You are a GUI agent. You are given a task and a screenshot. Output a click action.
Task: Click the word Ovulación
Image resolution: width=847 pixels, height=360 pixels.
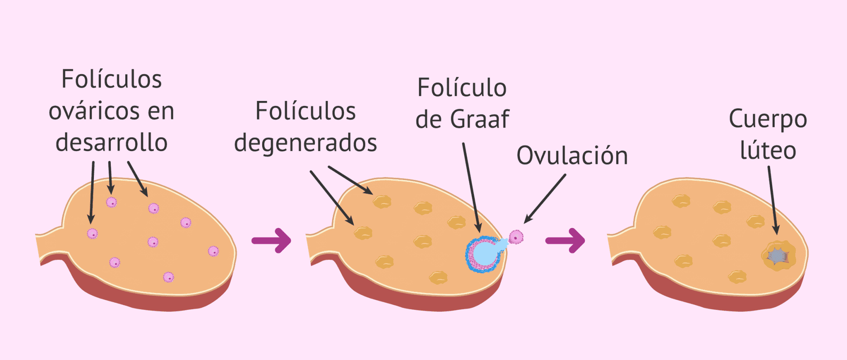(572, 156)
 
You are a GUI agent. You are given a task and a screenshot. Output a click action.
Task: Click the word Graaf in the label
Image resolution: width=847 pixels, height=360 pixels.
(479, 119)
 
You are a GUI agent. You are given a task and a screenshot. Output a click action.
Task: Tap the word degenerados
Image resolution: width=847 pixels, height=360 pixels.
(306, 143)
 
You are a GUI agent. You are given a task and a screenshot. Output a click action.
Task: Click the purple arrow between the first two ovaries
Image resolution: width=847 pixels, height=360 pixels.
(272, 240)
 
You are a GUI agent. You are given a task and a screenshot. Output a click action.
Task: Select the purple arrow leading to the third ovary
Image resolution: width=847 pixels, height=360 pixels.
(565, 240)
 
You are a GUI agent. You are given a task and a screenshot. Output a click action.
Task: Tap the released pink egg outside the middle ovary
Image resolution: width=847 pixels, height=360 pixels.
(516, 237)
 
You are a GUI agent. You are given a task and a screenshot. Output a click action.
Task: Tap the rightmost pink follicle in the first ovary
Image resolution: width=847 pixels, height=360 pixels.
(213, 251)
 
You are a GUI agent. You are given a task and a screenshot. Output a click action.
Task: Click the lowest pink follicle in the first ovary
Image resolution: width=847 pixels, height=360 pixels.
(168, 277)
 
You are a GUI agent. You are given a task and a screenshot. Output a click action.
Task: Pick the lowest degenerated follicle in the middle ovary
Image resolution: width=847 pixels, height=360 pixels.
(438, 277)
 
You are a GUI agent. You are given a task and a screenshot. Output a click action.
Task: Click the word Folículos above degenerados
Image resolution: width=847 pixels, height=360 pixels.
(306, 111)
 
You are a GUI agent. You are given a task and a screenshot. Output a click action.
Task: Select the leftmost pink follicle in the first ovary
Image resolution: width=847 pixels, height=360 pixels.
(92, 234)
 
